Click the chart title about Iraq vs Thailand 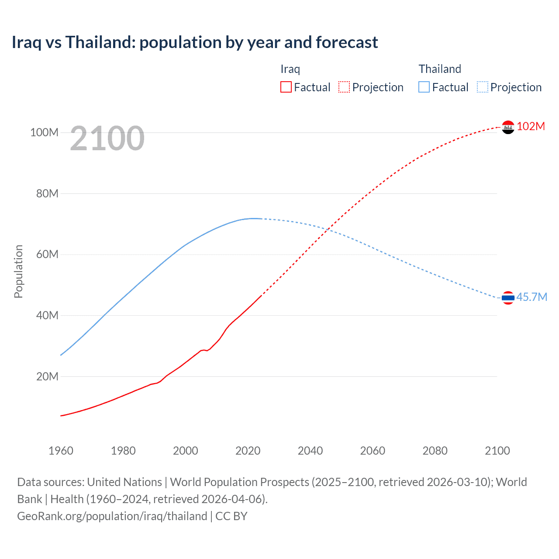(195, 42)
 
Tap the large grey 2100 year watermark (107, 138)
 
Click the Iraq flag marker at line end (508, 127)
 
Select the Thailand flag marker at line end (508, 298)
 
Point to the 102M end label (531, 126)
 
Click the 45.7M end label (531, 297)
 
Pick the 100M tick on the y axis (44, 132)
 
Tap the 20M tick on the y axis (47, 376)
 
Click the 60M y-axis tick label (47, 254)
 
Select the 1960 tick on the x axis (61, 451)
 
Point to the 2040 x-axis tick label (310, 451)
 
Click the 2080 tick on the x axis (435, 451)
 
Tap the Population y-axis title (18, 271)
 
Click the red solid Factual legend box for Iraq (286, 87)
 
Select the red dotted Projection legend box (344, 87)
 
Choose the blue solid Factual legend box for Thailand (424, 87)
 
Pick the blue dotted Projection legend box (483, 87)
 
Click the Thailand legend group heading (440, 69)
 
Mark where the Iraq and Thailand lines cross (328, 229)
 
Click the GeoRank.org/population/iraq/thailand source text (112, 516)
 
